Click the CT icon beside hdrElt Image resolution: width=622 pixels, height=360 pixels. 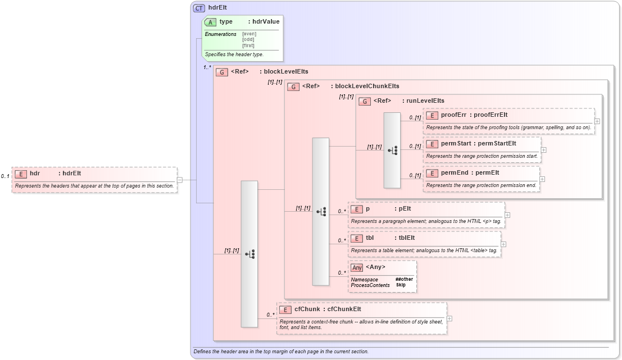(x=199, y=8)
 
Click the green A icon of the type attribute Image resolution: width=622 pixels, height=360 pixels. (x=211, y=22)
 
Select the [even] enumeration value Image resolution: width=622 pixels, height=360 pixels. (x=249, y=34)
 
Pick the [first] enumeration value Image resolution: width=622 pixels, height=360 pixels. (x=248, y=45)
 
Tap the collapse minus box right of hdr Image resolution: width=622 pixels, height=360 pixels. (x=180, y=180)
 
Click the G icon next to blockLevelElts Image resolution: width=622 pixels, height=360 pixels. (x=223, y=72)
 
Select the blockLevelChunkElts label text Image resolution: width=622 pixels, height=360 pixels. (x=367, y=86)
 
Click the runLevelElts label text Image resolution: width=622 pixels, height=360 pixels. (x=425, y=101)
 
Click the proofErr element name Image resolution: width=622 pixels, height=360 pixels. (x=453, y=115)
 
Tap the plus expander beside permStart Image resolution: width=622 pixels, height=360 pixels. (x=543, y=149)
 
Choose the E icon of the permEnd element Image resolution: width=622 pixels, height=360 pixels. (x=432, y=173)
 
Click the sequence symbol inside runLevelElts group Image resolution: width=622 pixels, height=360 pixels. (x=393, y=151)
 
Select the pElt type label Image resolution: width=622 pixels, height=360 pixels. (x=405, y=209)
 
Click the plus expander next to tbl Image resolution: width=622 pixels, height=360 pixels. (x=503, y=244)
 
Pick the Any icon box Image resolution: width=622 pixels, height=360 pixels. (x=357, y=267)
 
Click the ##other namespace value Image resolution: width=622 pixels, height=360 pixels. (x=404, y=279)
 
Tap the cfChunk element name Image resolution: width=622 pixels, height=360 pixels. (x=307, y=309)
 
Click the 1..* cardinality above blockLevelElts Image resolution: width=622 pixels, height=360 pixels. (x=207, y=67)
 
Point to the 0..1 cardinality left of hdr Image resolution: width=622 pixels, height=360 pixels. (x=5, y=176)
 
